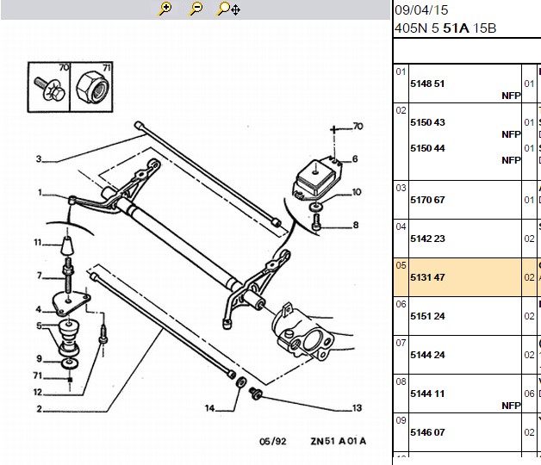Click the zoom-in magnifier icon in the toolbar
click(165, 9)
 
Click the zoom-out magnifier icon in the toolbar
click(196, 9)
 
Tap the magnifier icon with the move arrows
click(227, 9)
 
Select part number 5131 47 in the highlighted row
click(427, 277)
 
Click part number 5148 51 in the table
click(427, 84)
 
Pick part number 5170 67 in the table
click(427, 200)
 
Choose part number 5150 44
click(427, 148)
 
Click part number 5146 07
click(427, 432)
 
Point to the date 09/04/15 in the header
click(421, 10)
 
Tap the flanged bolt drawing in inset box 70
click(49, 89)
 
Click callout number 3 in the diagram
click(39, 159)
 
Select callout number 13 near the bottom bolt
click(357, 408)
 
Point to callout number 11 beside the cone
click(38, 243)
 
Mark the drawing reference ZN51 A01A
click(338, 441)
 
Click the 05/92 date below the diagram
click(272, 442)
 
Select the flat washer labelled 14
click(241, 381)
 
